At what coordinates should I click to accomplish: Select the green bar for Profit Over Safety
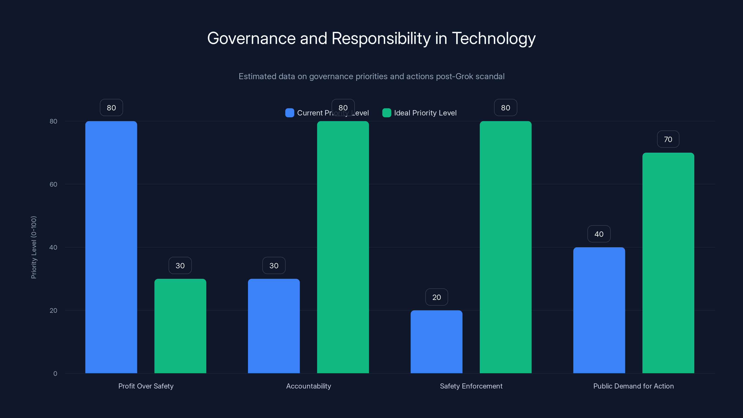pos(180,326)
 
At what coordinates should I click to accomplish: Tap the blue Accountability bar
pos(274,326)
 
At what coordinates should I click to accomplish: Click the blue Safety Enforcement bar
pos(437,342)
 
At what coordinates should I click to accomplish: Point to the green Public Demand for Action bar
pos(668,263)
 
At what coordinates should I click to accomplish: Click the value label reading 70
pos(668,139)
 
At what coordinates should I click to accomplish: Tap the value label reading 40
pos(599,234)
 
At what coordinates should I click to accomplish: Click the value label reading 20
pos(437,297)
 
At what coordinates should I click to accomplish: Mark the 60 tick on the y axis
pos(53,184)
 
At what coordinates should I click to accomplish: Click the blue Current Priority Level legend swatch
pos(290,113)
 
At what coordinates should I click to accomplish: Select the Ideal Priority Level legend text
pos(425,113)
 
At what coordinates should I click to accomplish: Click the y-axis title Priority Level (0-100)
pos(34,247)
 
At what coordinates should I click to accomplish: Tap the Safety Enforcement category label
pos(471,386)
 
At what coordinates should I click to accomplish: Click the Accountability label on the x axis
pos(308,386)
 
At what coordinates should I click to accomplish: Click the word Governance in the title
pos(251,38)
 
